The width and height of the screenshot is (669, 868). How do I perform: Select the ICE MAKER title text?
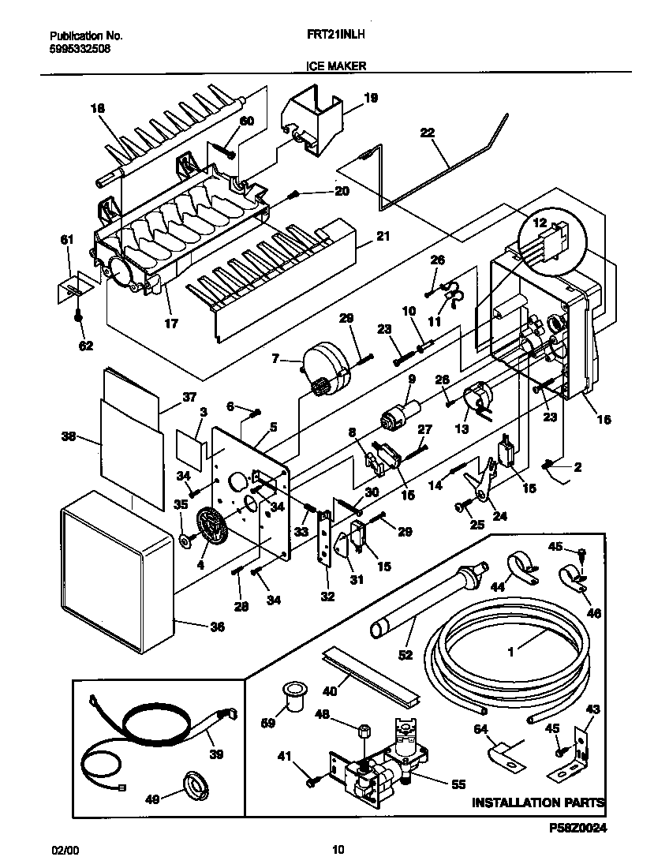[x=335, y=67]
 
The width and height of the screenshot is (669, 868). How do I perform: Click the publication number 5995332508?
[x=80, y=48]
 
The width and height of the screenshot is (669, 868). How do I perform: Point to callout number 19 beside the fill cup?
[x=371, y=99]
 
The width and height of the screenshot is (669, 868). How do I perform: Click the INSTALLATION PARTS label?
[x=538, y=803]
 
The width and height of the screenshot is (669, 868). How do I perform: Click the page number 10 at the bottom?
[x=338, y=850]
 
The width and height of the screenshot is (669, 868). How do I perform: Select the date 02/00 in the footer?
[x=65, y=850]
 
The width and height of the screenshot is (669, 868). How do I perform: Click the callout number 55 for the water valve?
[x=458, y=784]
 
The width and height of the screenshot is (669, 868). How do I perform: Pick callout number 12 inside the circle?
[x=540, y=223]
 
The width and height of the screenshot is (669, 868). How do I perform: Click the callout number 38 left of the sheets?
[x=69, y=435]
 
